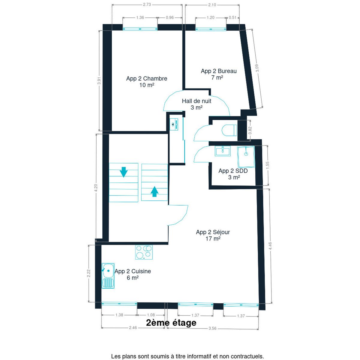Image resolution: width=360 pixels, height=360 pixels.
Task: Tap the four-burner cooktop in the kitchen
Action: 144,252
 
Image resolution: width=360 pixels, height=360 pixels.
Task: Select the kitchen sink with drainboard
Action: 108,276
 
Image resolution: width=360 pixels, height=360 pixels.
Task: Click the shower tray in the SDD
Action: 246,157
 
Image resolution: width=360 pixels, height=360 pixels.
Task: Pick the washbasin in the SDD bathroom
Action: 223,151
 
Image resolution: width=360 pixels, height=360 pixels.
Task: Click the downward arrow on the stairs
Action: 124,172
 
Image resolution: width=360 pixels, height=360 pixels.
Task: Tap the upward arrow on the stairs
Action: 154,191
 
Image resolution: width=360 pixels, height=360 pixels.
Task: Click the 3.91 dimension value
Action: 99,81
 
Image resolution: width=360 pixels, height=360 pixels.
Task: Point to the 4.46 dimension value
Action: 270,246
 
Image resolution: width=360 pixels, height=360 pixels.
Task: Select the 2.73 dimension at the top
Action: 147,5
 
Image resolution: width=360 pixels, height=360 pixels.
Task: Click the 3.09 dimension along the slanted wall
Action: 257,68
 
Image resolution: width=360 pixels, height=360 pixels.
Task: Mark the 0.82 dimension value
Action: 250,130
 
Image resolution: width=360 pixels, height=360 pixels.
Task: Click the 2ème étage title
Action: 171,322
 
